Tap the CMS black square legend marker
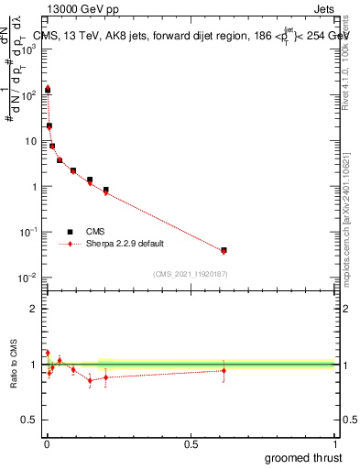(x=70, y=232)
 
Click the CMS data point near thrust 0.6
(x=224, y=249)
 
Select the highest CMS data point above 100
(x=48, y=90)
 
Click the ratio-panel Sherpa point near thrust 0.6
(x=224, y=370)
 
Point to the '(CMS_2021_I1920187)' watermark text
(x=191, y=273)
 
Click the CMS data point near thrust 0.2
(x=105, y=190)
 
